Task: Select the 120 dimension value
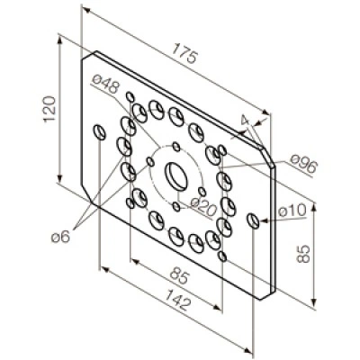(x=49, y=109)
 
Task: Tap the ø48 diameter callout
(x=105, y=84)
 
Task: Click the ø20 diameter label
(x=203, y=206)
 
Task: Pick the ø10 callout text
(x=292, y=210)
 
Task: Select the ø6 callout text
(x=60, y=238)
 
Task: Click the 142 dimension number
(x=178, y=300)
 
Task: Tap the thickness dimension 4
(x=246, y=121)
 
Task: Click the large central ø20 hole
(x=176, y=176)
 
